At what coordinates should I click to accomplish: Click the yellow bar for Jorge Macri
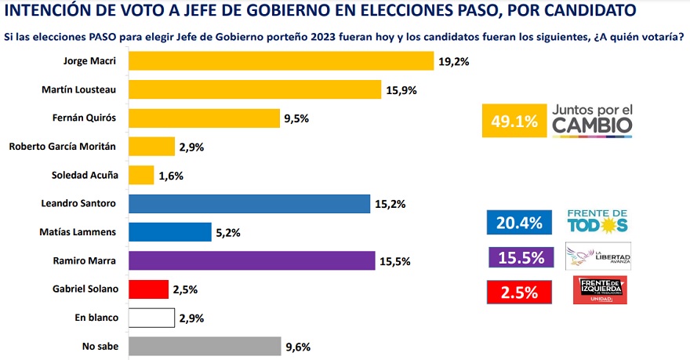coord(280,60)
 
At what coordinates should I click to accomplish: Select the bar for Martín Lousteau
coord(254,89)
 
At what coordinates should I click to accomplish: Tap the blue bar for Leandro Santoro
coord(248,203)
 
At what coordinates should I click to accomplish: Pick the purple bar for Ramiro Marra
coord(251,260)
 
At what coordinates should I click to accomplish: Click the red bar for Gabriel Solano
coord(147,289)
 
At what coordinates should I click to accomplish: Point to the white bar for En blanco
coord(151,318)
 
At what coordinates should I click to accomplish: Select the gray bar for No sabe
coord(204,346)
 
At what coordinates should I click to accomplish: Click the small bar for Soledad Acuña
coord(140,175)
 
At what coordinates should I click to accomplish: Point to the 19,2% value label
coord(454,61)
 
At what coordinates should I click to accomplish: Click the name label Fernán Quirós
coord(89,118)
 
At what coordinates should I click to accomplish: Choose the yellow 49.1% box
coord(515,122)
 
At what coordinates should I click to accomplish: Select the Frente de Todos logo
coord(597,221)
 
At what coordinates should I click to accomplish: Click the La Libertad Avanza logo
coord(597,256)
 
